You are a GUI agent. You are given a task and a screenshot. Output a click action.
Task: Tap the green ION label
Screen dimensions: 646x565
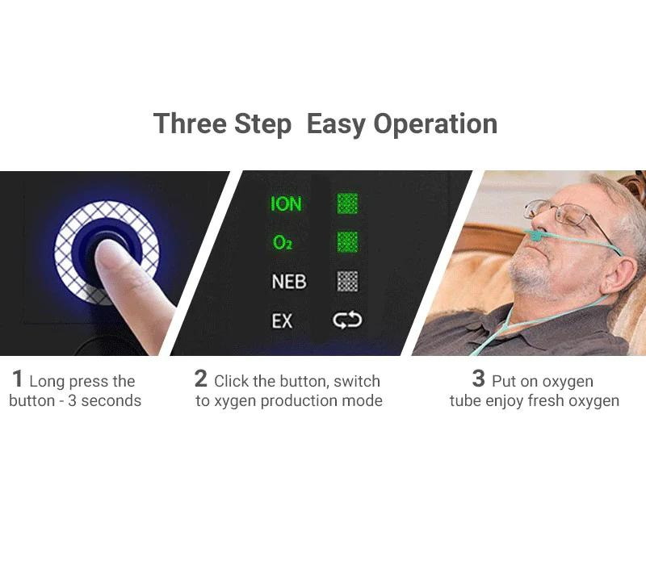[x=286, y=204]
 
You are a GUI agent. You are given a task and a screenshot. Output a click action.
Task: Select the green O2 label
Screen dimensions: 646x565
[x=283, y=242]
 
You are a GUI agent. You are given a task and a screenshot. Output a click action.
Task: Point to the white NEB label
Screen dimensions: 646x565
[x=289, y=282]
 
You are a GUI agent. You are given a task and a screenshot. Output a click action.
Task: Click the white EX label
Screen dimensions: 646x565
[x=282, y=320]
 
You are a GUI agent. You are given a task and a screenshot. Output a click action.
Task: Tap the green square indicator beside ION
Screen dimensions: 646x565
[x=347, y=203]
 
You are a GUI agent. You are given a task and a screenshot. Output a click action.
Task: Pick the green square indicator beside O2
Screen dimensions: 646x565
[x=347, y=241]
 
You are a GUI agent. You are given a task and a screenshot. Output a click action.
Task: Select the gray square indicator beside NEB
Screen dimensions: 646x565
[x=347, y=281]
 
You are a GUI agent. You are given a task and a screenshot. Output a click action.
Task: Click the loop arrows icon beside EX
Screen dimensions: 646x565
[x=347, y=320]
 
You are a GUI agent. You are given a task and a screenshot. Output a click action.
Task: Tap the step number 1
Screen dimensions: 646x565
[x=17, y=379]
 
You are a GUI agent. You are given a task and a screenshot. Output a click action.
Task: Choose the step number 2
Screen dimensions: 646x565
[x=200, y=379]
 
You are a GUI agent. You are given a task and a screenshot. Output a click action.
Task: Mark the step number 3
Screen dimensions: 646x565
[x=478, y=379]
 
